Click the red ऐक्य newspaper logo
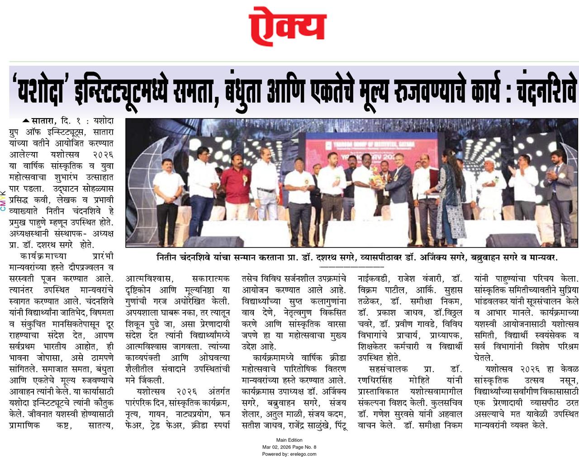[287, 26]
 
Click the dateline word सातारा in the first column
[43, 122]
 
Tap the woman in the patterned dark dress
[450, 199]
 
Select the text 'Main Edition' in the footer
[289, 440]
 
